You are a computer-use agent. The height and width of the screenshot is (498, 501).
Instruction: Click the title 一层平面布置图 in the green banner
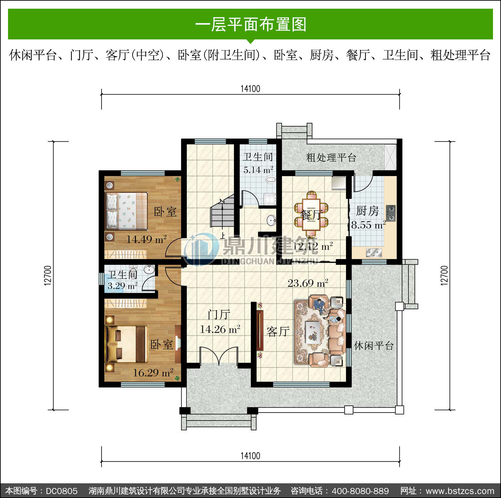tap(251, 24)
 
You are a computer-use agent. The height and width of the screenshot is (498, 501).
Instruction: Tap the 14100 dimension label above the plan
tap(250, 89)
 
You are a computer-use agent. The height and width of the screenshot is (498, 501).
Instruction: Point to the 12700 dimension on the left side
tap(48, 275)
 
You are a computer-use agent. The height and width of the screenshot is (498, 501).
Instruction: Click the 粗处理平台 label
tap(331, 157)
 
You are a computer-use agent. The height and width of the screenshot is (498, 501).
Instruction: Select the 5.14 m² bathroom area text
tap(258, 170)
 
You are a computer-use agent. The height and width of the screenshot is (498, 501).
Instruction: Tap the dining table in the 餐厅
tap(311, 214)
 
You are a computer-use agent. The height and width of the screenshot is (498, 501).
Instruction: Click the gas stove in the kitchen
tap(391, 213)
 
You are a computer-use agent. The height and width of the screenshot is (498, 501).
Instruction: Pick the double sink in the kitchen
tap(374, 252)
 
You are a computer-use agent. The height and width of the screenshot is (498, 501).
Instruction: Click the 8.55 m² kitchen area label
tap(368, 225)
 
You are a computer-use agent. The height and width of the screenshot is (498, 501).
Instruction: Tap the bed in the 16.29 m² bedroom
tap(127, 344)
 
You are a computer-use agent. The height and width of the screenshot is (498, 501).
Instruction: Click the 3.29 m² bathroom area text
tap(122, 286)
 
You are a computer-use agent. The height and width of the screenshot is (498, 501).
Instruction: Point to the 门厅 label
tap(219, 314)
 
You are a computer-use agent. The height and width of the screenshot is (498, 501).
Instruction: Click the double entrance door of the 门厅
tap(219, 356)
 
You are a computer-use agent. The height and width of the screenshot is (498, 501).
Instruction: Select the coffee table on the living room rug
tap(313, 331)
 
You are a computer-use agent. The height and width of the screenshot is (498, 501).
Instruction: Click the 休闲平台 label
tap(374, 345)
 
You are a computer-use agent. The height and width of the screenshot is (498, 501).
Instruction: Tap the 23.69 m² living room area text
tap(308, 283)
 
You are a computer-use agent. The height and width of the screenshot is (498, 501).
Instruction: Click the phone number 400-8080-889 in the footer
tap(360, 491)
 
